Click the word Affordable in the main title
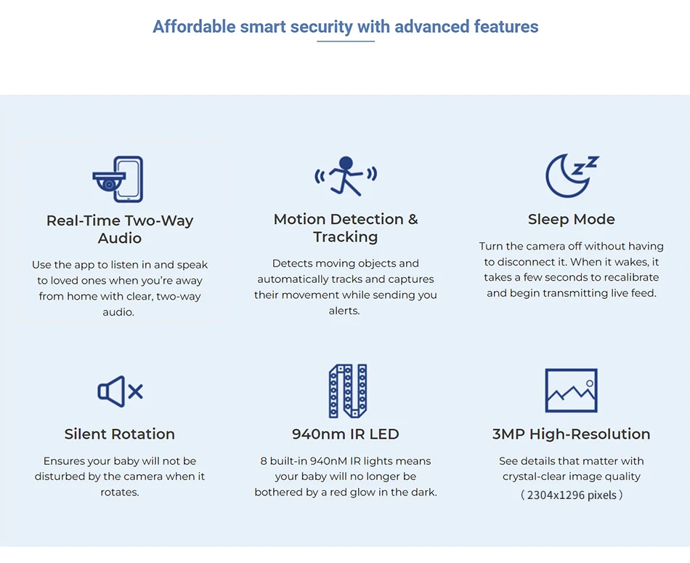[x=194, y=26]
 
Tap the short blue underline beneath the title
[x=346, y=41]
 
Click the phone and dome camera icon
[x=118, y=179]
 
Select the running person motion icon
[x=346, y=176]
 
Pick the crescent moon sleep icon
[x=571, y=175]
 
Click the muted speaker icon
[x=120, y=391]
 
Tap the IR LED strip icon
[x=348, y=391]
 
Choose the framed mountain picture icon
[x=571, y=391]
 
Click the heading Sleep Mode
[x=571, y=219]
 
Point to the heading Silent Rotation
[x=120, y=434]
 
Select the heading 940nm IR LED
[x=346, y=434]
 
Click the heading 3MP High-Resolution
[x=571, y=434]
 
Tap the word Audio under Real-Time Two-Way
[x=120, y=238]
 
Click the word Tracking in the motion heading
[x=346, y=237]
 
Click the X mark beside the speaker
[x=136, y=391]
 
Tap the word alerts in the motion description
[x=344, y=311]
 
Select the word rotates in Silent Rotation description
[x=120, y=492]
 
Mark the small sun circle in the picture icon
[x=590, y=383]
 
